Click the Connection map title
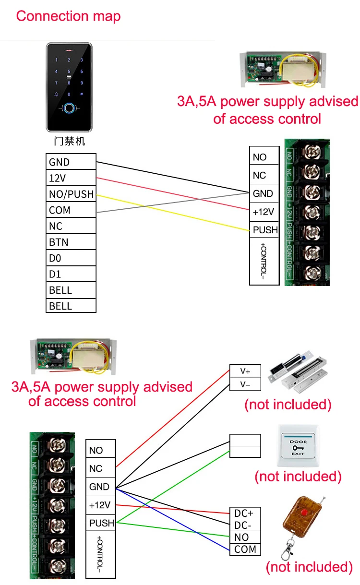click(x=68, y=16)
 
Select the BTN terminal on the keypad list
click(x=71, y=242)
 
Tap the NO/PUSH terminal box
click(x=71, y=194)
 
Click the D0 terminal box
click(x=71, y=258)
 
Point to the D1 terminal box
click(x=71, y=274)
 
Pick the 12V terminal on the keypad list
click(x=71, y=178)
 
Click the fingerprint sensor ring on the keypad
click(x=69, y=109)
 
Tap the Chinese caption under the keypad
click(x=69, y=142)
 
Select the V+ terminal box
click(x=245, y=371)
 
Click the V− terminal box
click(x=245, y=384)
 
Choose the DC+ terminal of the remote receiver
click(x=245, y=513)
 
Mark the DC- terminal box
click(x=245, y=525)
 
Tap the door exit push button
click(x=298, y=446)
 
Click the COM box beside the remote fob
click(x=245, y=549)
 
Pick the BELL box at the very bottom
click(x=71, y=306)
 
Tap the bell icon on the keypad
click(x=57, y=95)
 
